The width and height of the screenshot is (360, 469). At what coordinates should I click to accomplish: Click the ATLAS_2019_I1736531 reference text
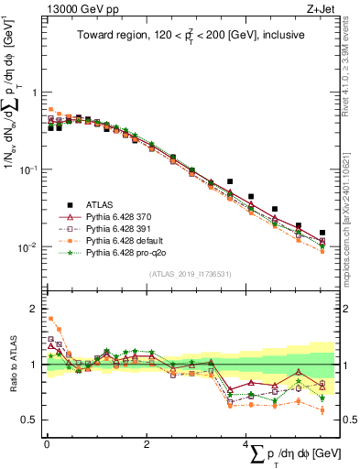(190, 274)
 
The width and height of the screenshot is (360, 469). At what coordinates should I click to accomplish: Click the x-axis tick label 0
(47, 444)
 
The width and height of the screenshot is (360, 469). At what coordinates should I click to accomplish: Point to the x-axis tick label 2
(147, 444)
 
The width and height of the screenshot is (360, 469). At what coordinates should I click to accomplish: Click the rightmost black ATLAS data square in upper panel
(322, 233)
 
